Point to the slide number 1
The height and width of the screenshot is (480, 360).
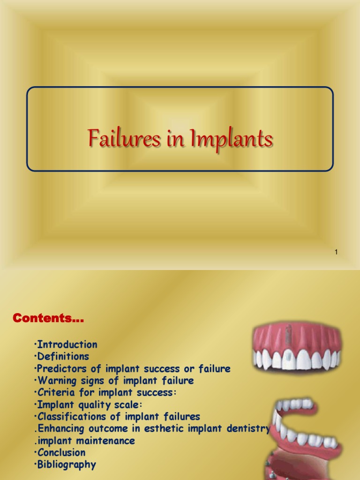[x=337, y=253]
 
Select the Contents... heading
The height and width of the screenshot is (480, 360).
[x=48, y=319]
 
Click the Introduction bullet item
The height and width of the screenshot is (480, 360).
[x=67, y=345]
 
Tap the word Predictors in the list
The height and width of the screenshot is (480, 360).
[x=62, y=369]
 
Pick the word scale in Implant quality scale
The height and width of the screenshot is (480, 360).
[x=127, y=405]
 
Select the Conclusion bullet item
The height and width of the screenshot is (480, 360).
[x=61, y=453]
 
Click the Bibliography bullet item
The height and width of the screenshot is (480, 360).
[x=67, y=465]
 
